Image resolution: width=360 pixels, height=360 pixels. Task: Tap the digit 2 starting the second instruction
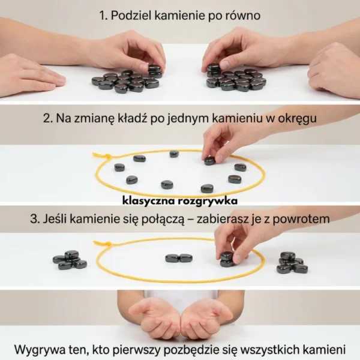click(x=47, y=119)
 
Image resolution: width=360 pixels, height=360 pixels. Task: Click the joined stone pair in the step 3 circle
click(x=179, y=258)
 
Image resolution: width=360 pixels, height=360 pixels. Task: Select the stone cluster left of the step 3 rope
click(x=69, y=260)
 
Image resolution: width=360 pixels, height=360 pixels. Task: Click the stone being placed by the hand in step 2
click(x=209, y=160)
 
